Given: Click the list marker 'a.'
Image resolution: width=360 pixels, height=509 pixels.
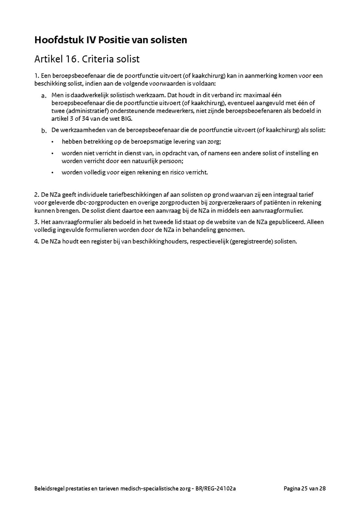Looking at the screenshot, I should (44, 96).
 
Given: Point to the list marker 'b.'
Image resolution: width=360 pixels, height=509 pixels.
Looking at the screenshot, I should (44, 131).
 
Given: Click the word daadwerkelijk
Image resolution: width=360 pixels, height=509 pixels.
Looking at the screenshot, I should (88, 96).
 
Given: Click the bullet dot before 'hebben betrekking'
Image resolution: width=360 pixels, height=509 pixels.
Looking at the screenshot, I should (52, 142).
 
